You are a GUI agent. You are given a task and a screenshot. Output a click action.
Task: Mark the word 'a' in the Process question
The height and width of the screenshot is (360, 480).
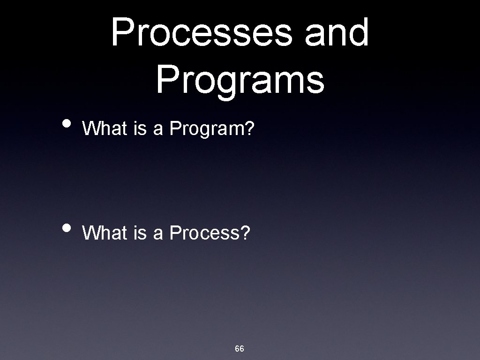(x=158, y=233)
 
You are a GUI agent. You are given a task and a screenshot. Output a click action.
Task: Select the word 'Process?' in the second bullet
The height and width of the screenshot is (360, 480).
(x=210, y=232)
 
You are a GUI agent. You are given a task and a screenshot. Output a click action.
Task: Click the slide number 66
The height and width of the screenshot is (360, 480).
(x=240, y=349)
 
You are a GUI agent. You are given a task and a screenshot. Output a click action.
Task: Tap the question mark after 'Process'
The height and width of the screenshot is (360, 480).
(x=246, y=232)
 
